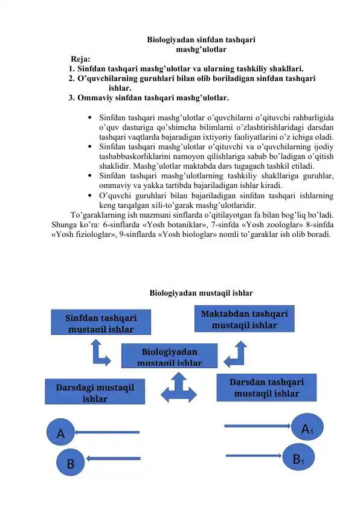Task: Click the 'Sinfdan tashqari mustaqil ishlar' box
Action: [x=101, y=322]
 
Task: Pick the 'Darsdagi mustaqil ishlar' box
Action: [x=95, y=391]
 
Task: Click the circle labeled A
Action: [x=60, y=433]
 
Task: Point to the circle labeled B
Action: [x=71, y=464]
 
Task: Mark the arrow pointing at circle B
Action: [x=112, y=461]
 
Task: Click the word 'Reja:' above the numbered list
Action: [x=80, y=59]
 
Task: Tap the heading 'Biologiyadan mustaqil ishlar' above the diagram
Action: [x=201, y=293]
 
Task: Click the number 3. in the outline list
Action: [x=72, y=97]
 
